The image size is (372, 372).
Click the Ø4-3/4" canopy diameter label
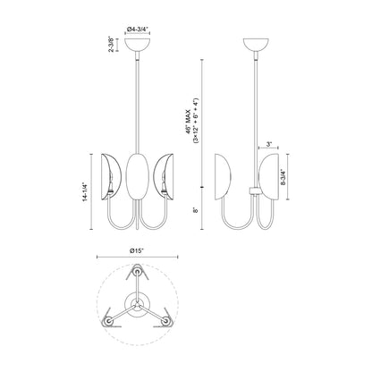coord(138,30)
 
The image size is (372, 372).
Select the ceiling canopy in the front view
coord(138,46)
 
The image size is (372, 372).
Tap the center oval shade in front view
coord(138,174)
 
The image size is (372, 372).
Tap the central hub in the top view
coord(137,304)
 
